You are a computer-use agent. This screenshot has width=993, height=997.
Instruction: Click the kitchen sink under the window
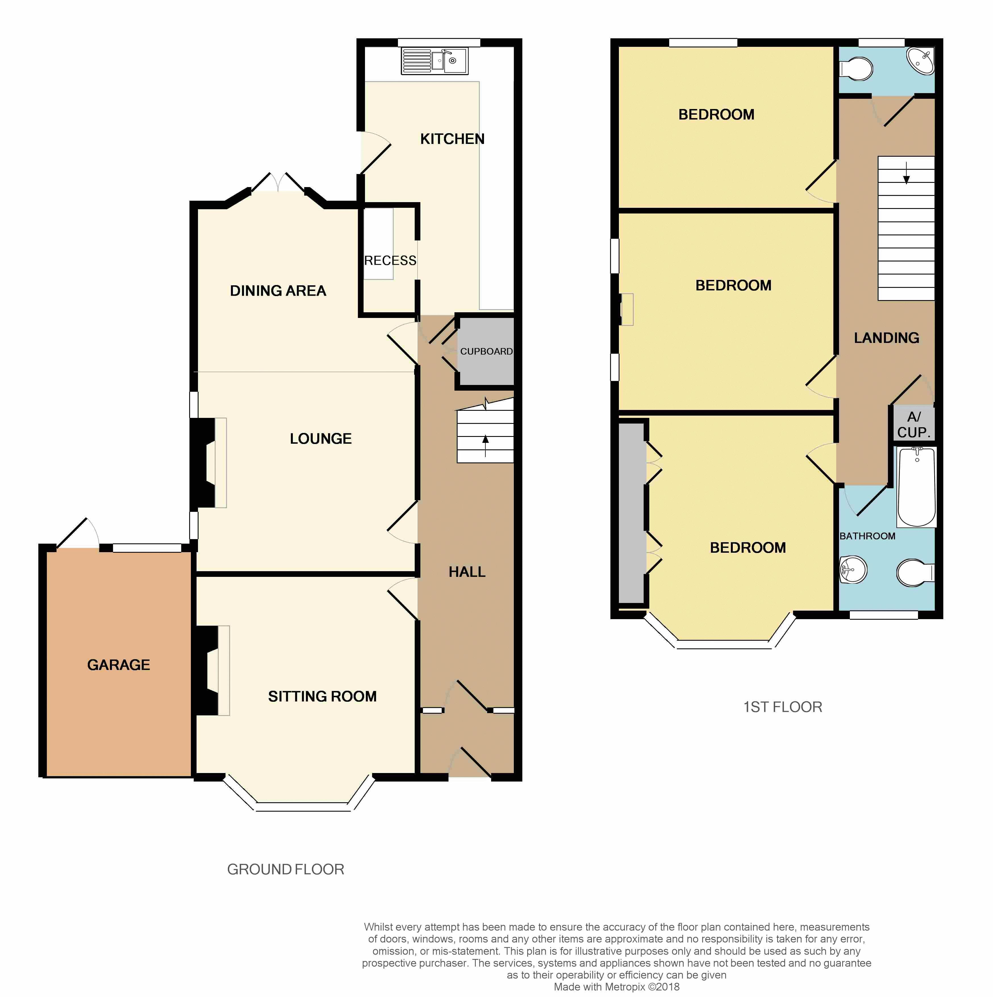point(435,61)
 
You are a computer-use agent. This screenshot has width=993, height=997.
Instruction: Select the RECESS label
point(390,261)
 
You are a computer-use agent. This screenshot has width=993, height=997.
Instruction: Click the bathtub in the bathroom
point(917,487)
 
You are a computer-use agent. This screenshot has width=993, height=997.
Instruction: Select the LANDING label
point(886,338)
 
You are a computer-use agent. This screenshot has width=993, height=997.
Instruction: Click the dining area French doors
point(278,183)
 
